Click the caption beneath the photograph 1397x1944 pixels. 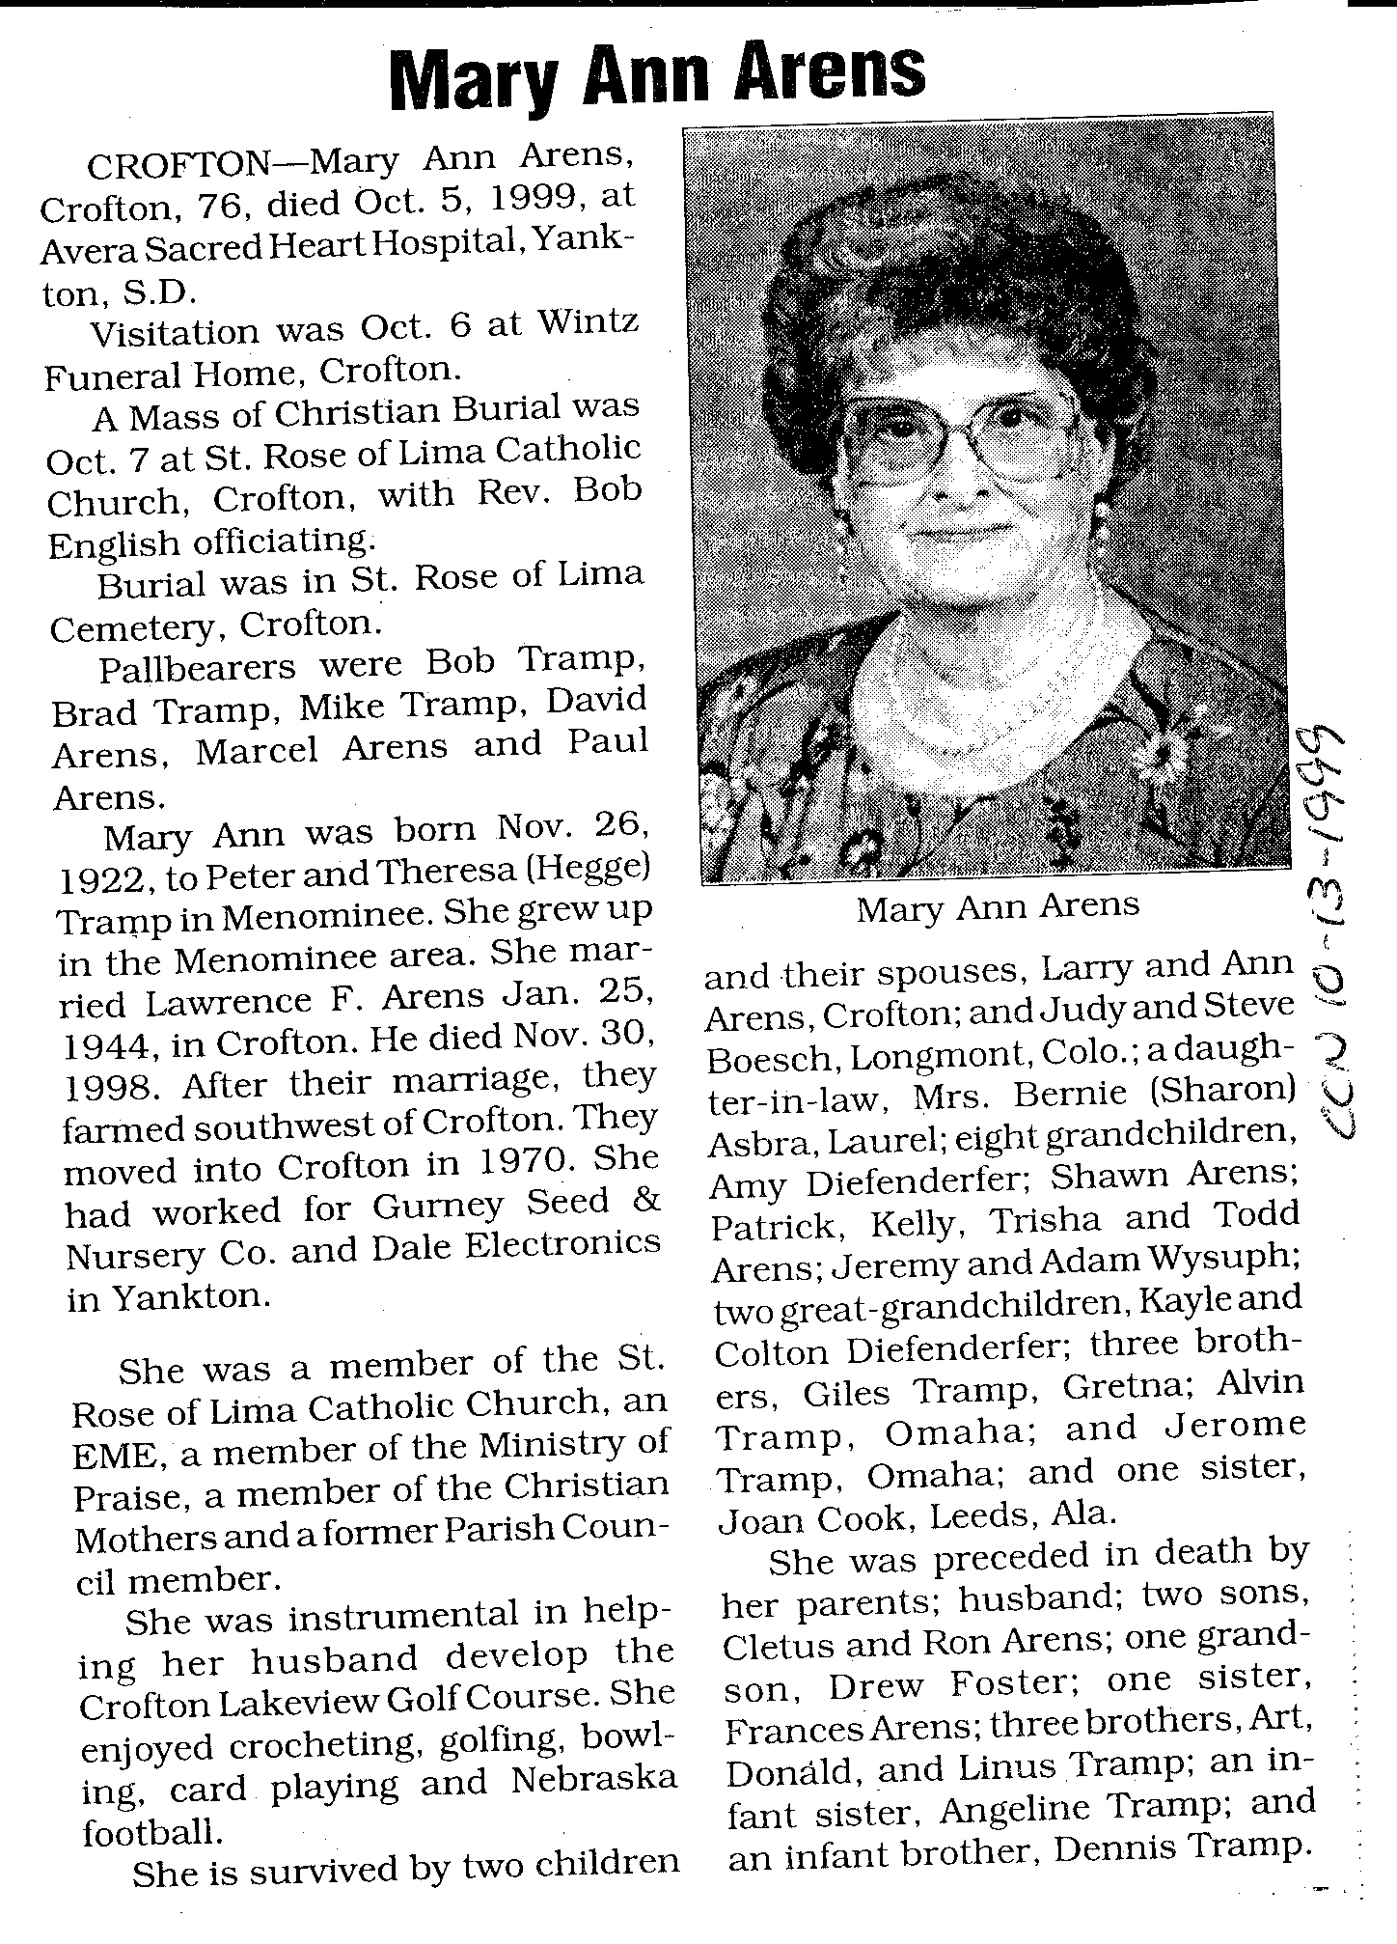(x=998, y=905)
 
